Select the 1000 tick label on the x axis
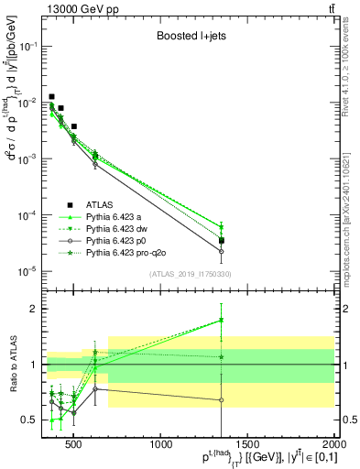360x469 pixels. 161,445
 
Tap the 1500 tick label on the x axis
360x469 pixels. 248,445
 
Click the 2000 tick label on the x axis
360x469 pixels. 333,445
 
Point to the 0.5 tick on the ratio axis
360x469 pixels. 33,420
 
